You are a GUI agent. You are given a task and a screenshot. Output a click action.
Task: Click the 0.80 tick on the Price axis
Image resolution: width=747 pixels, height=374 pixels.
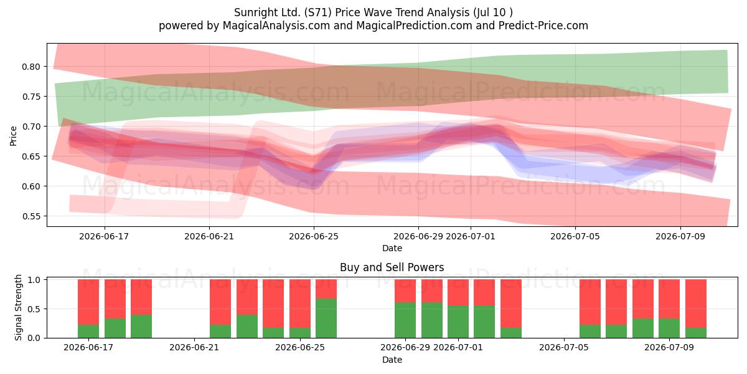pos(31,67)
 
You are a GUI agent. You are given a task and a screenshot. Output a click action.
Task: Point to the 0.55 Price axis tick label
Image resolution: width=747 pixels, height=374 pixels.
pos(31,216)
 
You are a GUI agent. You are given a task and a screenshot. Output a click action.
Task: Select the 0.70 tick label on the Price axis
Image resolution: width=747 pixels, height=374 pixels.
pos(31,127)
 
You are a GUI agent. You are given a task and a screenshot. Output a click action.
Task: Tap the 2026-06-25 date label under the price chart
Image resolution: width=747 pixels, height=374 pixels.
pos(314,236)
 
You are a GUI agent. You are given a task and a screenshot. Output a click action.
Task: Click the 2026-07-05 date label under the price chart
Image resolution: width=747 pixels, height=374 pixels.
pos(575,236)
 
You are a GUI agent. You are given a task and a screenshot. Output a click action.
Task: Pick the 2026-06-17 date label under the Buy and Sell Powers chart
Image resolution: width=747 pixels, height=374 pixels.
pos(88,347)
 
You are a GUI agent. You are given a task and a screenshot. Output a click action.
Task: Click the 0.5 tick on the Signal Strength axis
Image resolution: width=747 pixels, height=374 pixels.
pos(34,309)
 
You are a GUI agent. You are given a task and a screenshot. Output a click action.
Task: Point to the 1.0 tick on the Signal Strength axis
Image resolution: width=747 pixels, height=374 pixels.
pos(34,280)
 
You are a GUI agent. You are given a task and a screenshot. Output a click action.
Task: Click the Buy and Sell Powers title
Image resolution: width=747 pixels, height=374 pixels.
pos(392,267)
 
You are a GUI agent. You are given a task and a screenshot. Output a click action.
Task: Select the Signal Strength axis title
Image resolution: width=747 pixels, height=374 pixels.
pos(18,307)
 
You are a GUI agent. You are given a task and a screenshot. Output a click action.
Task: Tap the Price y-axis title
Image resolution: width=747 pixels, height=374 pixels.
pos(13,136)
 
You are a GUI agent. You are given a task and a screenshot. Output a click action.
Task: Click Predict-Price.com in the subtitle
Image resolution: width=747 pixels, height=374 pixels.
pos(543,26)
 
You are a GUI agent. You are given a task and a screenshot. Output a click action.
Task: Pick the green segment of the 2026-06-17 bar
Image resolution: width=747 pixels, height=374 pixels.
pos(88,331)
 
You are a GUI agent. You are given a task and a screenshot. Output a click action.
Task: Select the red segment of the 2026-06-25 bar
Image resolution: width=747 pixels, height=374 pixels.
pos(300,304)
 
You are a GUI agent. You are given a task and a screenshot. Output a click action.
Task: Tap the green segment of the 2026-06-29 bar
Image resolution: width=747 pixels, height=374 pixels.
pos(405,320)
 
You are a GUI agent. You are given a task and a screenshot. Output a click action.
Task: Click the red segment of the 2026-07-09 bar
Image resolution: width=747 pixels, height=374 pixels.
pos(669,299)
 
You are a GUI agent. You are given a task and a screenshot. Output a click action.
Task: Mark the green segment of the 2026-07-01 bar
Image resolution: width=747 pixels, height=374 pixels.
pos(458,322)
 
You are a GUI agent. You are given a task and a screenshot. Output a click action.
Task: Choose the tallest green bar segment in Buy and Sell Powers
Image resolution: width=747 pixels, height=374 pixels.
pos(326,319)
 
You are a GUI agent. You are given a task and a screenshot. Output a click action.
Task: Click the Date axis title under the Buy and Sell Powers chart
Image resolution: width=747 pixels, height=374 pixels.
pos(392,360)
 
